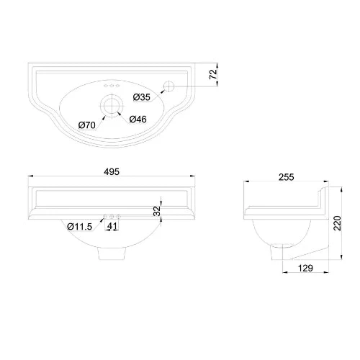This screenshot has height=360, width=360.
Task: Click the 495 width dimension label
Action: point(111,171)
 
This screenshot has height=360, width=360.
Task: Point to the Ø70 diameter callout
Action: point(87,125)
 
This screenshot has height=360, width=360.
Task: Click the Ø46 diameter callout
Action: point(140,119)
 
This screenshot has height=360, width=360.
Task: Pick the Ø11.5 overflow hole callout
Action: point(80,227)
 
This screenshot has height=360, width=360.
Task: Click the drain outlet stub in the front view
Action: point(112,254)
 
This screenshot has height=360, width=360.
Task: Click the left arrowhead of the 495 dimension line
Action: point(29,178)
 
